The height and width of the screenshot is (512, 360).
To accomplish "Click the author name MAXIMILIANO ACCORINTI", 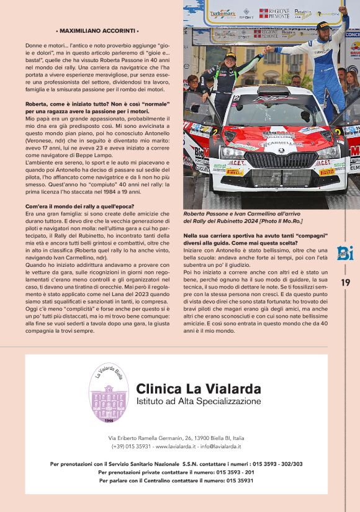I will [x=97, y=30].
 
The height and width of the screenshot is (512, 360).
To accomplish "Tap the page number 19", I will [x=346, y=282].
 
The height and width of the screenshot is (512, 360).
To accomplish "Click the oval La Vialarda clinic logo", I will [x=109, y=397].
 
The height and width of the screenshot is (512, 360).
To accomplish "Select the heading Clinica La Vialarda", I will [x=198, y=389].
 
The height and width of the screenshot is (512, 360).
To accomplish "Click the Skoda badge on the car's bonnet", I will [x=280, y=150].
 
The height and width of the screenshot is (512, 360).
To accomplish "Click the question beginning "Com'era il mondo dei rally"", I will [x=85, y=206].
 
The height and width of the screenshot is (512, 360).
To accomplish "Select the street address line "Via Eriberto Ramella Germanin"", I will [x=176, y=438].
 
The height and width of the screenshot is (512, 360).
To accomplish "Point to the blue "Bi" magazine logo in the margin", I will [x=345, y=253].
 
